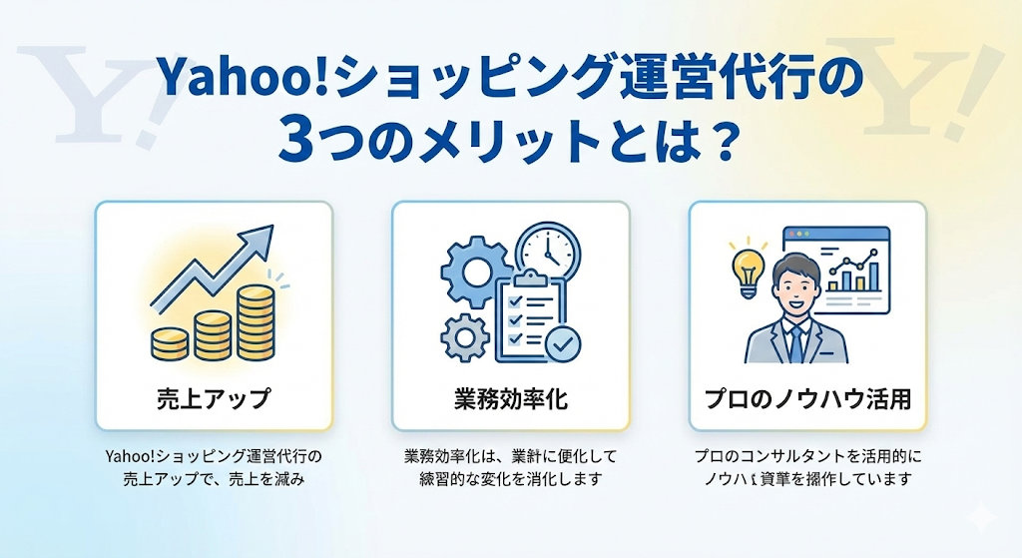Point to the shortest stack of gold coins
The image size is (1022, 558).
(167, 340)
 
